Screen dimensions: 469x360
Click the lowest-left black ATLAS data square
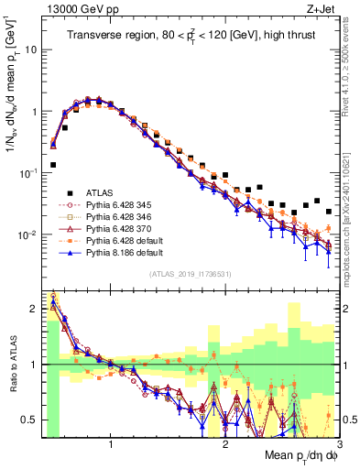(x=53, y=165)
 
